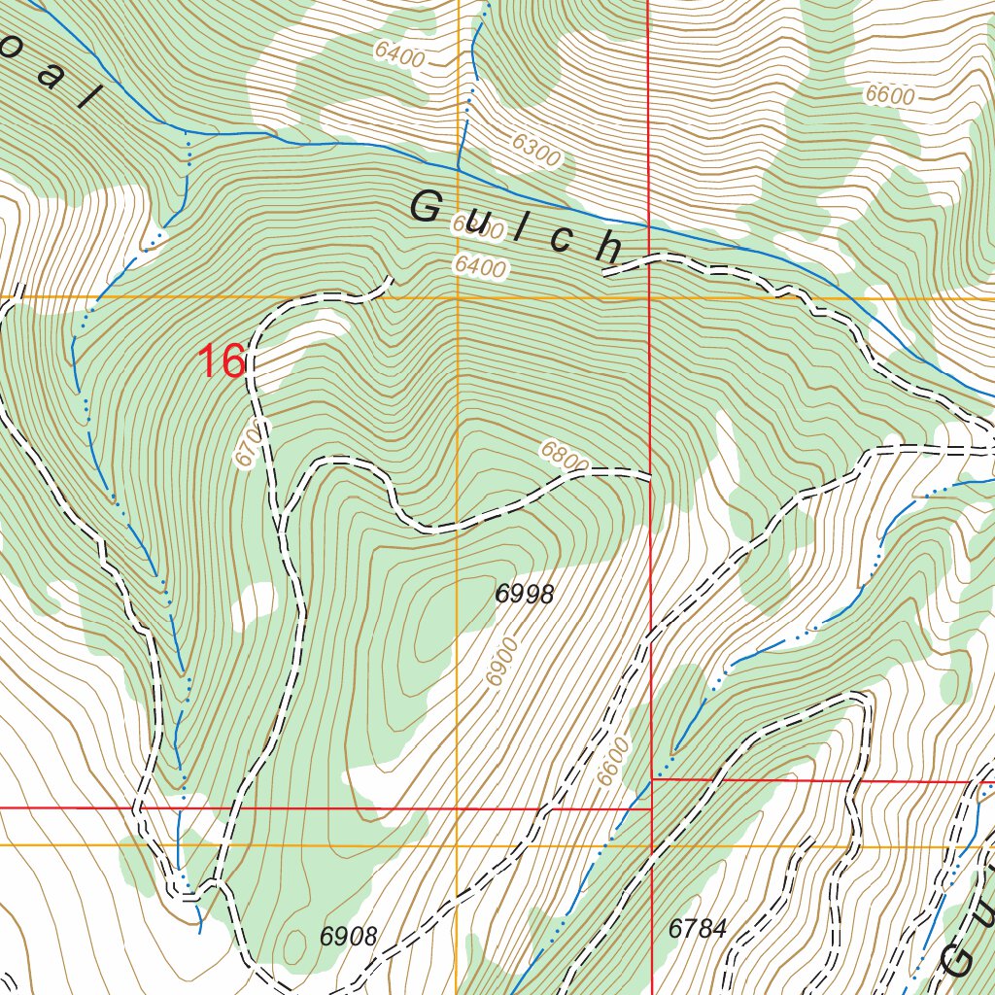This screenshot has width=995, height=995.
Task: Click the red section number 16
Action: point(221,361)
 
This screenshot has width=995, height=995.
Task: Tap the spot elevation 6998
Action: point(525,594)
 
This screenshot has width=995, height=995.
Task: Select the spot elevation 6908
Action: point(348,937)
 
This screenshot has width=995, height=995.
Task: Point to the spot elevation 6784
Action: point(697,929)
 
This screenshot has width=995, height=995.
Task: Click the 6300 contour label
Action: point(535,149)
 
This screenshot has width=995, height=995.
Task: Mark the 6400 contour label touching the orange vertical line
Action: point(479,267)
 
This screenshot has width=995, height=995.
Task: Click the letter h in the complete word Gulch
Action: point(609,248)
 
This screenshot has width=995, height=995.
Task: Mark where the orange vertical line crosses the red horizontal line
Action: point(458,808)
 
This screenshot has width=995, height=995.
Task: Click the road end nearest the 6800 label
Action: point(647,474)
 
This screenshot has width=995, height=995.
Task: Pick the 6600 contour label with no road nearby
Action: point(889,95)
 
